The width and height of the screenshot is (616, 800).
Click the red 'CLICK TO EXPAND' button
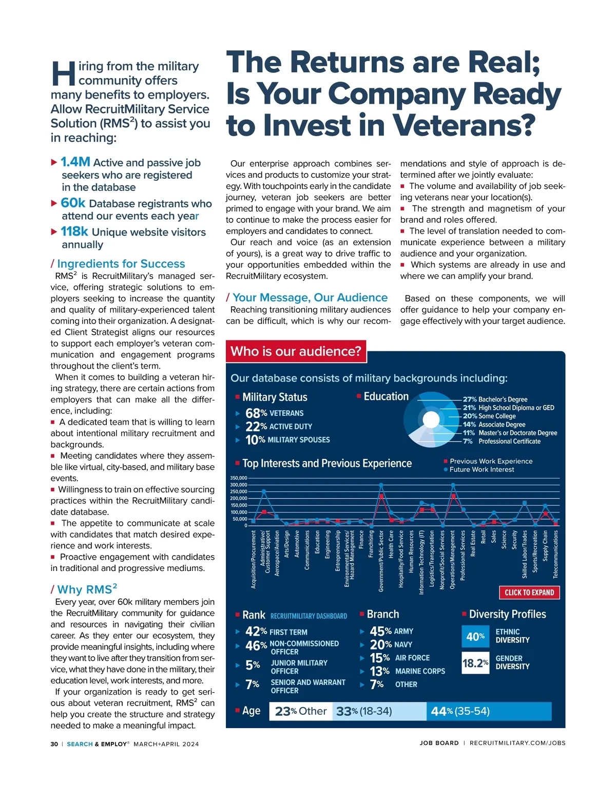[529, 593]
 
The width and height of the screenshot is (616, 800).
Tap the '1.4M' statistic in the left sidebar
[75, 162]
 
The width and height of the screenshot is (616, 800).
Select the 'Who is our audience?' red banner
[296, 351]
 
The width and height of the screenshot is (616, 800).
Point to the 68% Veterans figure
[274, 413]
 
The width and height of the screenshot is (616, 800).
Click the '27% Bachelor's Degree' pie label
[495, 399]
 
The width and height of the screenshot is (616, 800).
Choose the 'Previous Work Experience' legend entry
[491, 461]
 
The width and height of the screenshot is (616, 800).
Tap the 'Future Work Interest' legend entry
[482, 469]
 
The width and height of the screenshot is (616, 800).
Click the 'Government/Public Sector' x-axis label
[381, 561]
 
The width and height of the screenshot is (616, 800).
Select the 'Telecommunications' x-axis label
[555, 555]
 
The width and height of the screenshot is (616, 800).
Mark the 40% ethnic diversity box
[475, 637]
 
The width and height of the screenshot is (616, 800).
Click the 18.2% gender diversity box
[475, 663]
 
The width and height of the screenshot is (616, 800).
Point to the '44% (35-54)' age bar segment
[488, 711]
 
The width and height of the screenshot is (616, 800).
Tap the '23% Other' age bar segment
[301, 711]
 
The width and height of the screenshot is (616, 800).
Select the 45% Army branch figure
[391, 632]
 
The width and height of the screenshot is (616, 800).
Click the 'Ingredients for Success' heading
[121, 264]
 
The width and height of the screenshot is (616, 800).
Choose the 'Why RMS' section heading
[87, 589]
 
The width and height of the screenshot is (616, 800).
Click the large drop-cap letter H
[64, 74]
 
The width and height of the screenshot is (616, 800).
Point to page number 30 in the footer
[54, 744]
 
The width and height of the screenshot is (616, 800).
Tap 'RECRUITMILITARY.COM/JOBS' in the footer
[517, 743]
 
